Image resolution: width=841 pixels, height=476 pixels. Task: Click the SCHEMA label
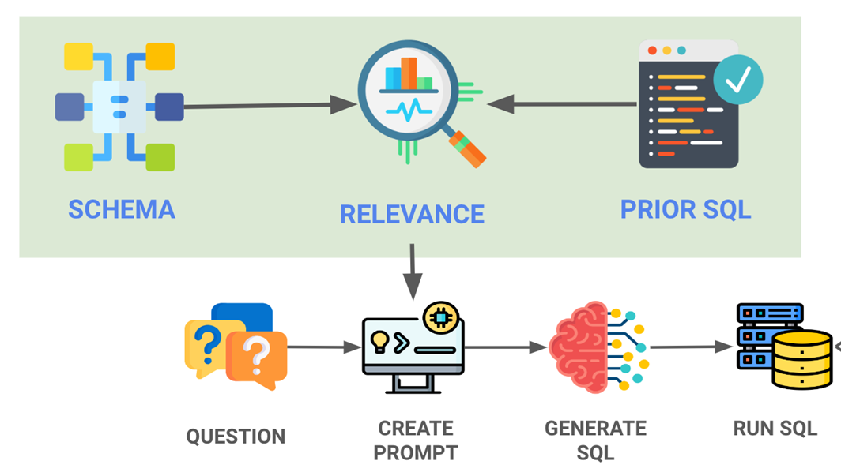coord(121,209)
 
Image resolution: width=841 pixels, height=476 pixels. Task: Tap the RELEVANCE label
coord(412,214)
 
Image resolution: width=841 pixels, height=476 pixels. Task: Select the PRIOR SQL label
coord(685,209)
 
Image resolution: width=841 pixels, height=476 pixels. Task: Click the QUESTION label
coord(236,437)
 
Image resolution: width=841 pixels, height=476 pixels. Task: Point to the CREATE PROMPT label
coord(415,440)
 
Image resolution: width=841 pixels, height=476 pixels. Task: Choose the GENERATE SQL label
coord(595,440)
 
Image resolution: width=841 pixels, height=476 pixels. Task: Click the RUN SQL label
coord(775,429)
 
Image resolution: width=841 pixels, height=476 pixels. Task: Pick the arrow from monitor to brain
coord(506,347)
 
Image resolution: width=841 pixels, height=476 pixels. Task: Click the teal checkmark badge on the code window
coord(737,81)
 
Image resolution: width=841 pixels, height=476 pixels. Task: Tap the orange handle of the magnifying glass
coord(468,149)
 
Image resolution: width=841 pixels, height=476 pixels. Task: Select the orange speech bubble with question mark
coord(255,359)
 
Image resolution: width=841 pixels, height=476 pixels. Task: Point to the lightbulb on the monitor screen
coord(379,340)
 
